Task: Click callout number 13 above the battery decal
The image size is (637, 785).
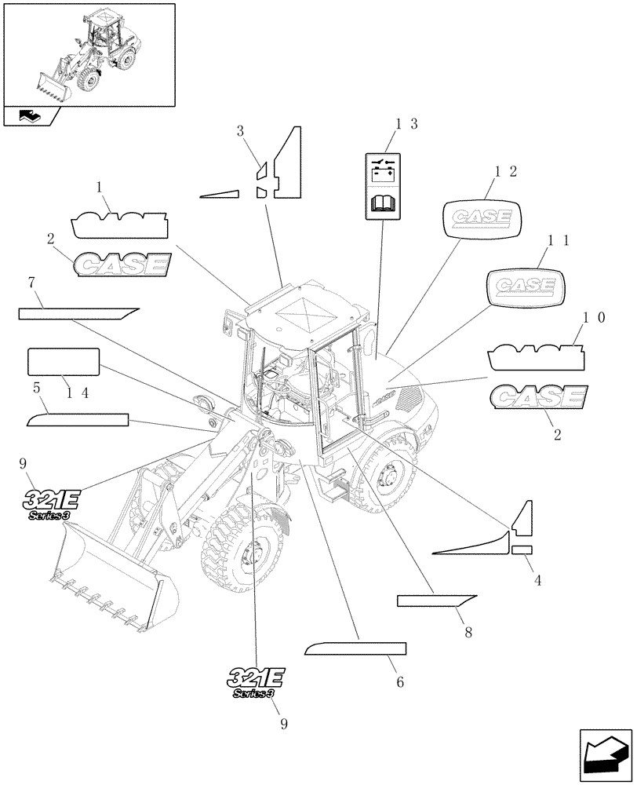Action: pyautogui.click(x=406, y=123)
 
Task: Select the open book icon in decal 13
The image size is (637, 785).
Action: pyautogui.click(x=384, y=205)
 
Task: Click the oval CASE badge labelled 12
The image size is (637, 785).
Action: pyautogui.click(x=482, y=217)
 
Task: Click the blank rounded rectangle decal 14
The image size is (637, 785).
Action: pyautogui.click(x=64, y=362)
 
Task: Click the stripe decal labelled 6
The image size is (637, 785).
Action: pyautogui.click(x=356, y=648)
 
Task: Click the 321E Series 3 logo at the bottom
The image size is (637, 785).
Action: pyautogui.click(x=257, y=681)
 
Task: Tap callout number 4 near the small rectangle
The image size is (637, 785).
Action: pyautogui.click(x=537, y=580)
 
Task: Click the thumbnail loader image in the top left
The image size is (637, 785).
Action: pyautogui.click(x=88, y=53)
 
